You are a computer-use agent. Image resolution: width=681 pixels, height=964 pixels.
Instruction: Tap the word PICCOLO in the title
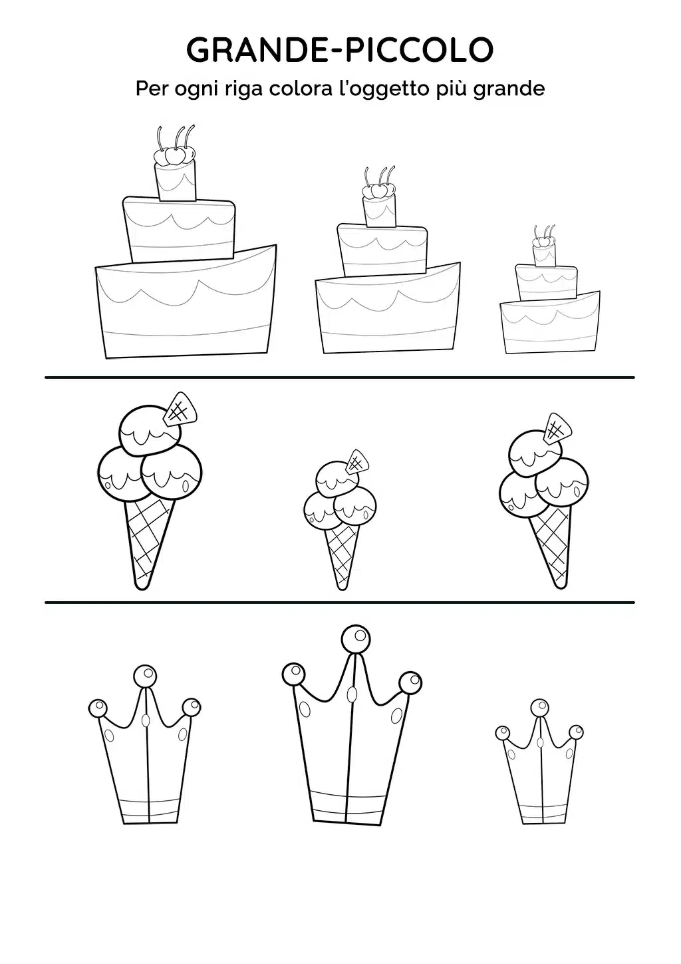click(419, 50)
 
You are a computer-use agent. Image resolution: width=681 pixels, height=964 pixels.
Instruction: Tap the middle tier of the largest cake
click(180, 230)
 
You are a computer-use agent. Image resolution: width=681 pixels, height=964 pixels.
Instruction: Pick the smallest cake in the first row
click(550, 290)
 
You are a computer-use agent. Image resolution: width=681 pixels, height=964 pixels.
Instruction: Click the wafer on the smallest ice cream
click(358, 462)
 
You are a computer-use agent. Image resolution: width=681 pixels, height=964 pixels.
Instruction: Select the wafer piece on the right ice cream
click(558, 428)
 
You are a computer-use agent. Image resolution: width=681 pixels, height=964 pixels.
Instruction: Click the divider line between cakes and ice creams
click(340, 377)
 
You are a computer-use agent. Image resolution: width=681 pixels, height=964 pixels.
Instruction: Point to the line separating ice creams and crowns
click(340, 602)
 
